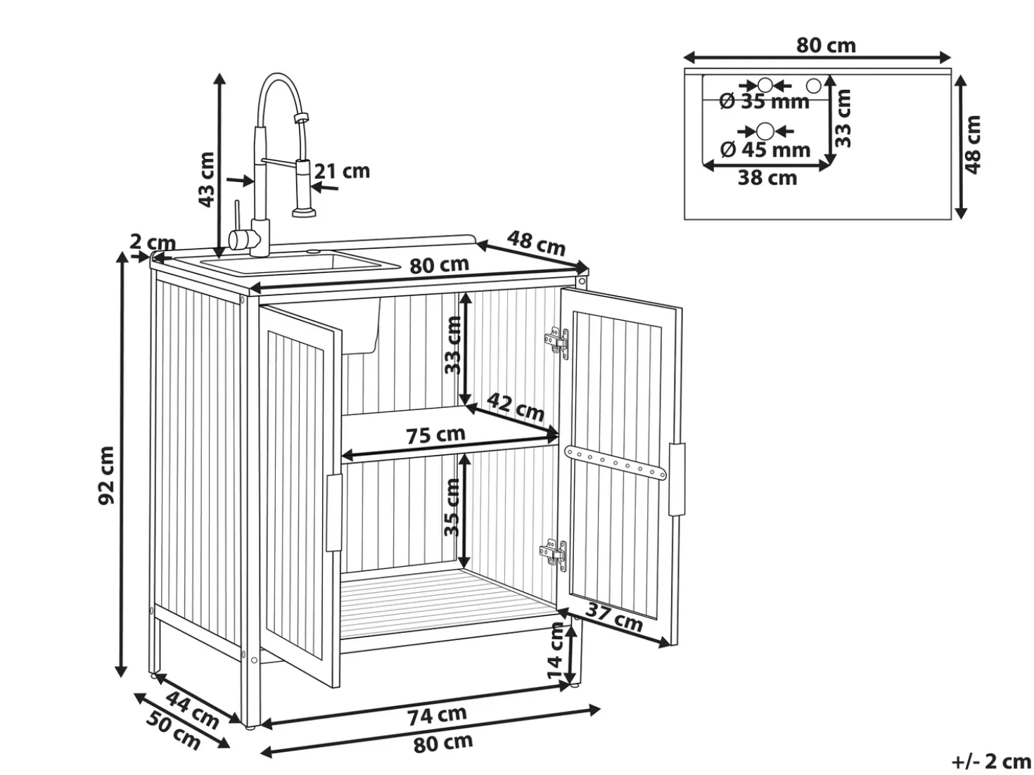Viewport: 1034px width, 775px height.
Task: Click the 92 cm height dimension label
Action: coord(107,475)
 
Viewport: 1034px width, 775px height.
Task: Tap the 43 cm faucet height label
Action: coord(206,179)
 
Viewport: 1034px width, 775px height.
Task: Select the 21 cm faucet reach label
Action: coord(342,171)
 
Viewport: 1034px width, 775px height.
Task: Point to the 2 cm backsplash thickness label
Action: coord(152,243)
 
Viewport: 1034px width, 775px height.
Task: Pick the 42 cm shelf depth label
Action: coord(516,407)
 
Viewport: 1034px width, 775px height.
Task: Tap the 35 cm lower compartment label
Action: coord(452,507)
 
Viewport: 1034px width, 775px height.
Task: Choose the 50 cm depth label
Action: coord(173,731)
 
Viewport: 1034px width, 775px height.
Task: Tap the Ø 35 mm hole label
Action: coord(764,101)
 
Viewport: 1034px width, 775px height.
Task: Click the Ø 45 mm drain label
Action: coord(765,150)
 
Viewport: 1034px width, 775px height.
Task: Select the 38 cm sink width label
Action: coord(767,178)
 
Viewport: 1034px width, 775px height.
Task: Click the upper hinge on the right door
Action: coord(557,342)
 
